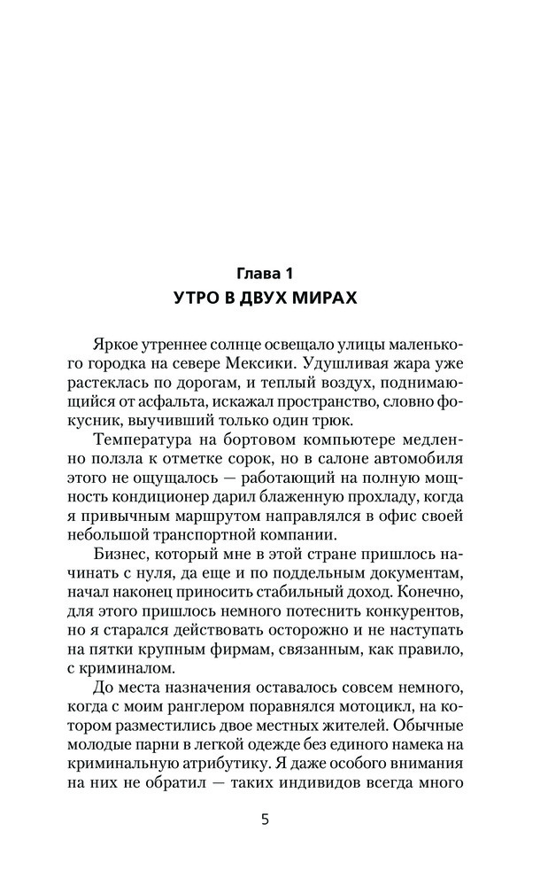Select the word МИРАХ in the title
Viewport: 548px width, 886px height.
[324, 298]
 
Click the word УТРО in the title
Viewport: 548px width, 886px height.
[197, 298]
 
